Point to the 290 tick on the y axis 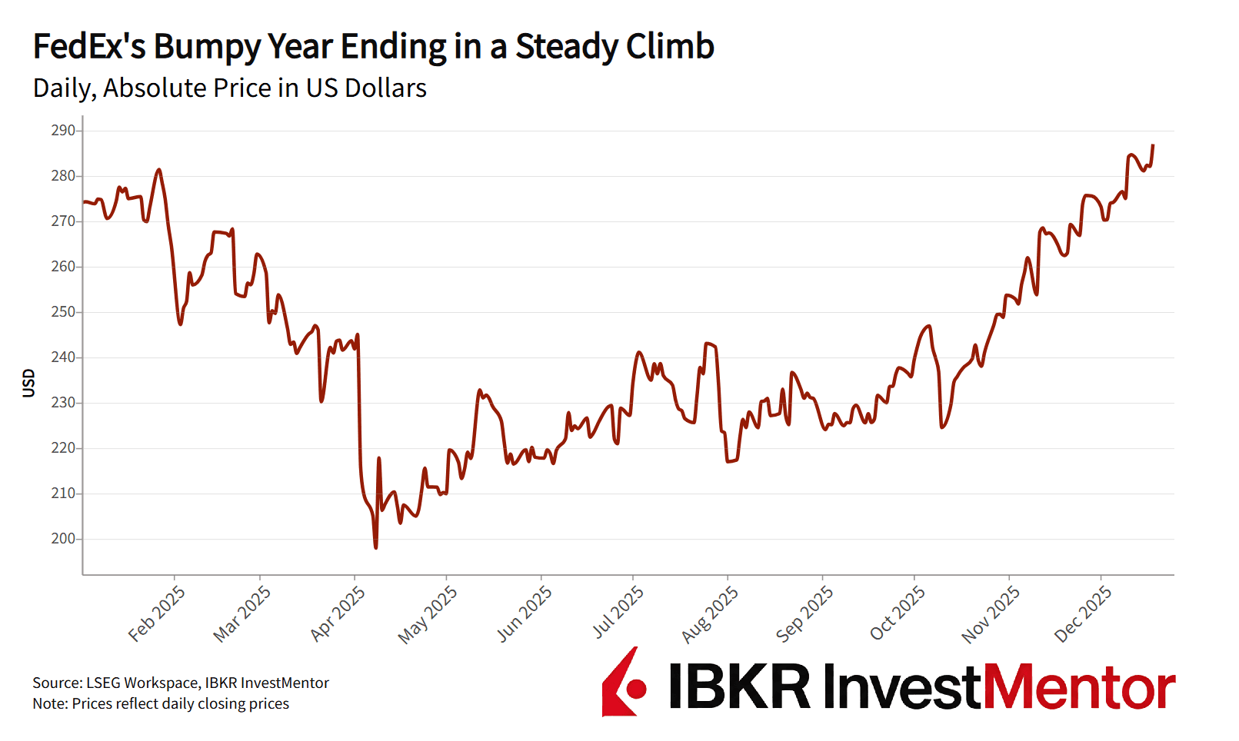[x=63, y=131]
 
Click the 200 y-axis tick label [x=63, y=539]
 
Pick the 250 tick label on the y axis [x=63, y=312]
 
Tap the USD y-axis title [x=29, y=383]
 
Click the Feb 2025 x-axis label [x=157, y=613]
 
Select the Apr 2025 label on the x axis [x=338, y=613]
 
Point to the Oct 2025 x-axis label [x=898, y=613]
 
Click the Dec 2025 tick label [x=1083, y=613]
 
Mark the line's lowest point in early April [x=375, y=547]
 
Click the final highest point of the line [x=1152, y=145]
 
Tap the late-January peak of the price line [x=158, y=170]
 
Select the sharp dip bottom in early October [x=942, y=427]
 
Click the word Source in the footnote [x=56, y=683]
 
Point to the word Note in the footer [x=48, y=703]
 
